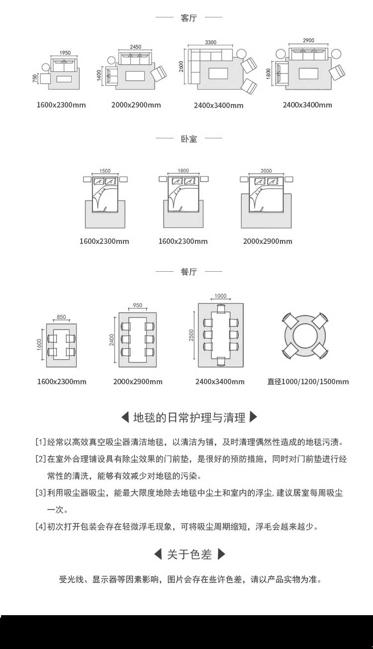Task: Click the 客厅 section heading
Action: tap(188, 18)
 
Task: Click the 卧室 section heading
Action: tap(189, 139)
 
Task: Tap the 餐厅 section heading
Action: tap(189, 271)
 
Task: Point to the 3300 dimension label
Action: tap(210, 42)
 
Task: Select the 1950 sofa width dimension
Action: tap(65, 53)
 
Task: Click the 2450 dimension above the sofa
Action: tap(135, 47)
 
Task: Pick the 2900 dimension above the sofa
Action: tap(308, 40)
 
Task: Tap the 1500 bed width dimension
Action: tap(105, 171)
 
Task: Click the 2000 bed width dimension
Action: tap(266, 171)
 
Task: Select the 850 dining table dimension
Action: tap(61, 317)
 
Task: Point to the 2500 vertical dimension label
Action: tap(191, 335)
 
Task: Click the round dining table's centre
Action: tap(305, 336)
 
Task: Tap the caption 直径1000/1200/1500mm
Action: tap(308, 382)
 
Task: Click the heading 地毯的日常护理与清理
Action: tap(189, 418)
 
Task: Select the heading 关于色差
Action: tap(189, 554)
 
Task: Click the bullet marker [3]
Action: tap(41, 493)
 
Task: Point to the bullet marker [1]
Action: tap(41, 442)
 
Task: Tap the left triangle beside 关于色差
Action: tap(158, 554)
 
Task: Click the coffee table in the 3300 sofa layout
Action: tap(218, 73)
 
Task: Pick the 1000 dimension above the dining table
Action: tap(220, 296)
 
